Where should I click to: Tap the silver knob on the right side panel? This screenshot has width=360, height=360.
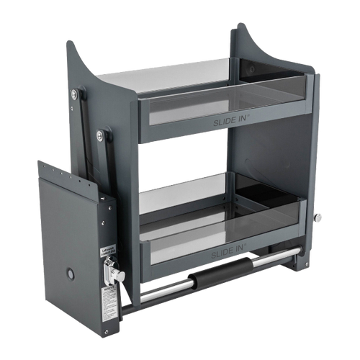point(319,217)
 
